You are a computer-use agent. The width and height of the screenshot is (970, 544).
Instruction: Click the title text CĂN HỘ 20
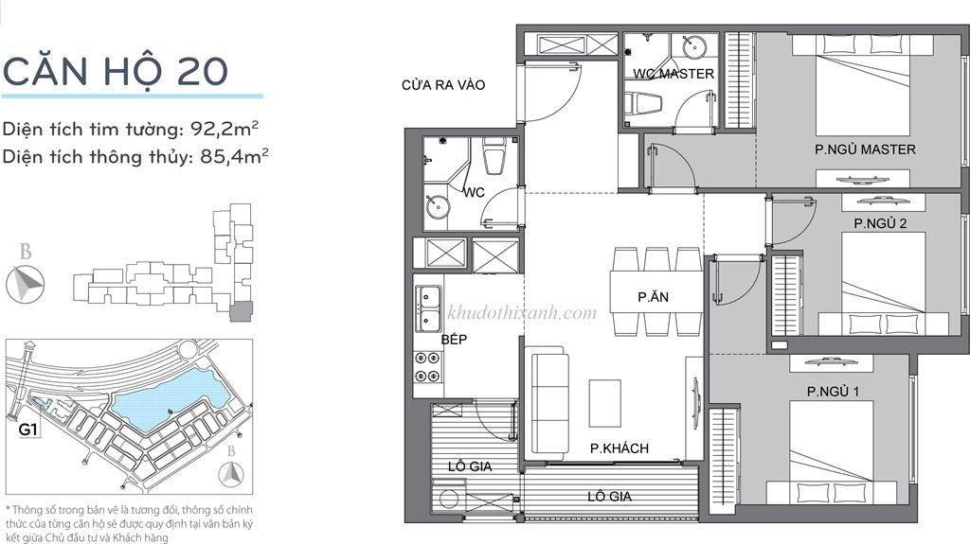115,71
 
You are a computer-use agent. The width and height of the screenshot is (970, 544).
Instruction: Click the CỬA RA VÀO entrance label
443,85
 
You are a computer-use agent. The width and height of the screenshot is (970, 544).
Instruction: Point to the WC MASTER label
674,74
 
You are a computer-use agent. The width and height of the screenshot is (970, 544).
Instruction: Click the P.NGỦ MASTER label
865,149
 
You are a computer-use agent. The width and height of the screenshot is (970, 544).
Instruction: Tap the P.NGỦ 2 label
880,224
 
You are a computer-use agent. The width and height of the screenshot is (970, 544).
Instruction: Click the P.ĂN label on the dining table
655,297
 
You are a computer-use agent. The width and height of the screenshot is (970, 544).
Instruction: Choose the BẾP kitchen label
455,340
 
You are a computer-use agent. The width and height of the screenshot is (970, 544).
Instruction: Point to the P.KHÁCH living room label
619,448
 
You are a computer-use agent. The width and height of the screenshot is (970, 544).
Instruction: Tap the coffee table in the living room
604,403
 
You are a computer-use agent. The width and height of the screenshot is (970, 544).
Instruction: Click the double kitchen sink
427,306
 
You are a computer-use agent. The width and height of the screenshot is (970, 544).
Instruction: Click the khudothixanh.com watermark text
521,313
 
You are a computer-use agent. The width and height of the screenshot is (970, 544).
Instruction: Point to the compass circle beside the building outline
27,283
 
